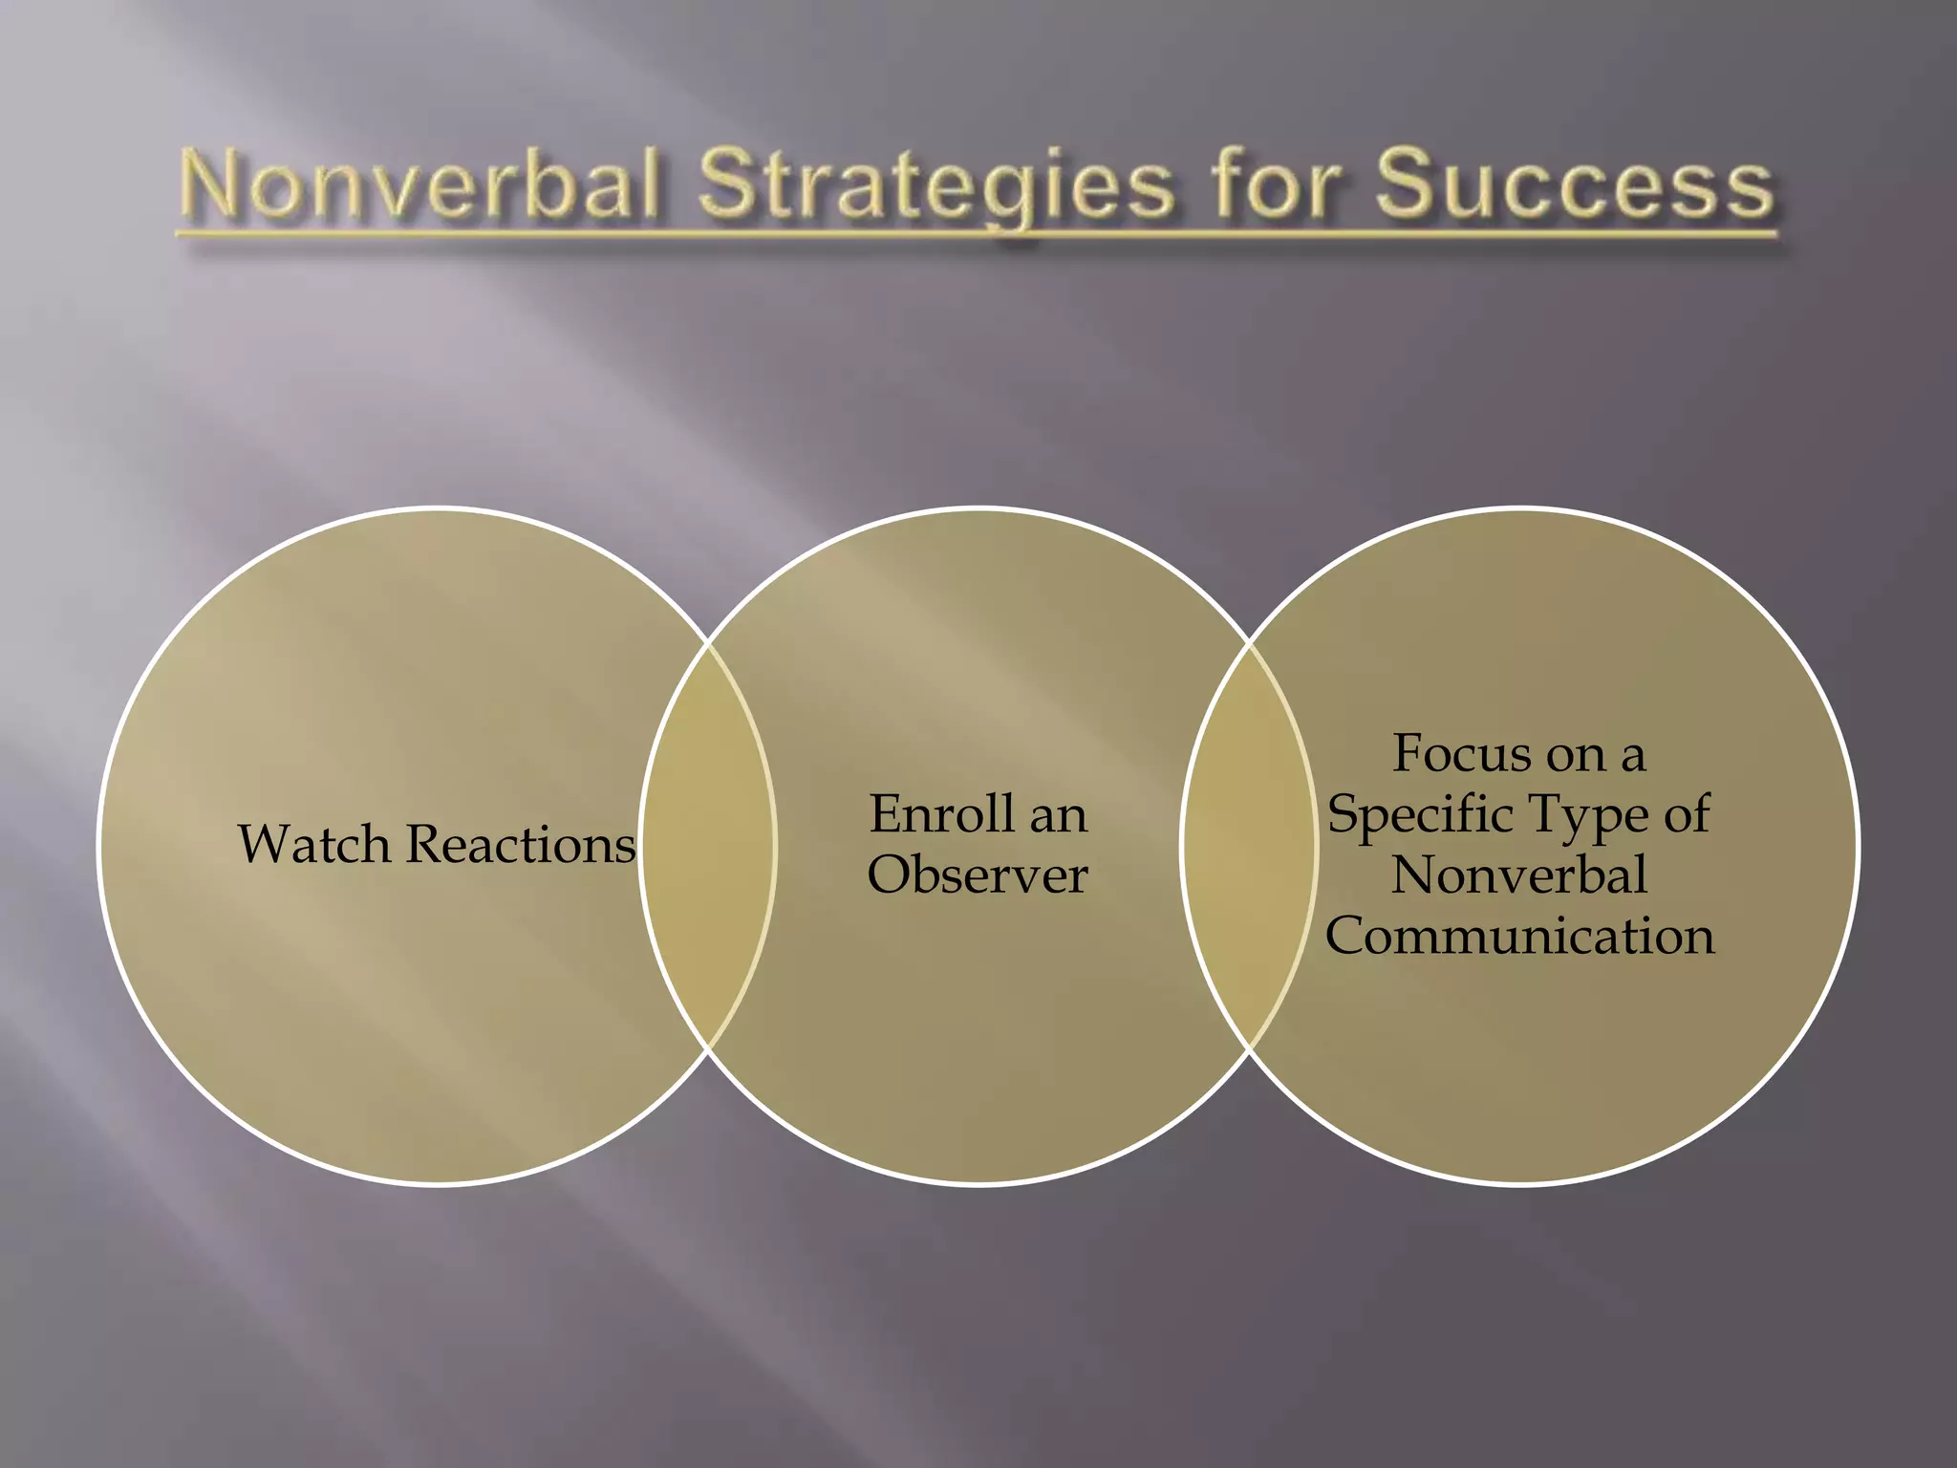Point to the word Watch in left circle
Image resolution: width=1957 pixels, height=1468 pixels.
coord(314,845)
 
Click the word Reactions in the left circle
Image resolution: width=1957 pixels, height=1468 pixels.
coord(521,845)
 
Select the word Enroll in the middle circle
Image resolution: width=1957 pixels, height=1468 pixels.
coord(941,814)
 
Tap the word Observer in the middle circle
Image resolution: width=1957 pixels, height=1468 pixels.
coord(978,875)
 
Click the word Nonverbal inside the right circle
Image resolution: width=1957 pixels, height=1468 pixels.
coord(1519,875)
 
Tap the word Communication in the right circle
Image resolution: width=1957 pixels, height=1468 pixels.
coord(1519,936)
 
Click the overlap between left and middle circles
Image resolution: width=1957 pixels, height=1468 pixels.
coord(707,846)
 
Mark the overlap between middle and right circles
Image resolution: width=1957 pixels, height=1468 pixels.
coord(1249,846)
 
